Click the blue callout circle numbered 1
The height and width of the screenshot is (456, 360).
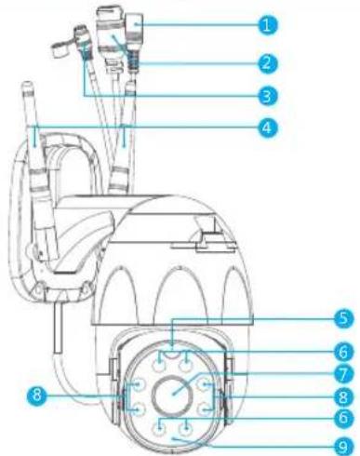point(267,25)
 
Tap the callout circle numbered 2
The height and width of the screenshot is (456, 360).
point(267,63)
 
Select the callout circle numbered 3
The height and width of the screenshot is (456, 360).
point(267,96)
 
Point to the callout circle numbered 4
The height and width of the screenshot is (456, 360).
point(267,127)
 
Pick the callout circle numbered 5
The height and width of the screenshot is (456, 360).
point(343,318)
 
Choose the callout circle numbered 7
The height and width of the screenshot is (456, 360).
point(343,374)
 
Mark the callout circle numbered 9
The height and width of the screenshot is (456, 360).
point(343,447)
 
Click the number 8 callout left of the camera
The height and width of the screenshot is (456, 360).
point(37,396)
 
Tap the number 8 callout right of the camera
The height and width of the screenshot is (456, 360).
point(343,397)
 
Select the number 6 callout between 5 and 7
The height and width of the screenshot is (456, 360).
point(343,352)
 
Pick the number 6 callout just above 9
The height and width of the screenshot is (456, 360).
point(343,418)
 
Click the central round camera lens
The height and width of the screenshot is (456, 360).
point(171,394)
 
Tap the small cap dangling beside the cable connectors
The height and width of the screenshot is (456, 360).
point(60,49)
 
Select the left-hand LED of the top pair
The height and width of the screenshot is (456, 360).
point(159,367)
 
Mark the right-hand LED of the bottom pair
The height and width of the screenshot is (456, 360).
point(186,430)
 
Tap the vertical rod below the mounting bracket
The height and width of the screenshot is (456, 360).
point(58,329)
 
